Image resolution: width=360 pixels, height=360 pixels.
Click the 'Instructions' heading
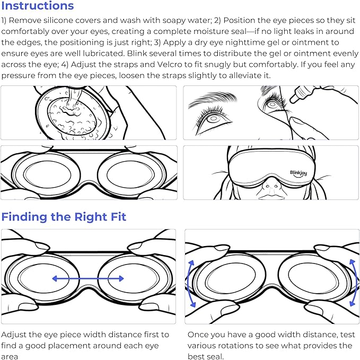click(38, 6)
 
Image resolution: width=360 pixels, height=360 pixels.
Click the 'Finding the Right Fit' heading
click(64, 217)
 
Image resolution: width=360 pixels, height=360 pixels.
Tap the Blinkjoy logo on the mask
click(298, 173)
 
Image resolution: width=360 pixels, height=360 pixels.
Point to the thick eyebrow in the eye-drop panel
click(213, 98)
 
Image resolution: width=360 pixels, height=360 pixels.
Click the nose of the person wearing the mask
click(271, 186)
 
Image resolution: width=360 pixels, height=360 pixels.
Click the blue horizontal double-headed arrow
click(88, 279)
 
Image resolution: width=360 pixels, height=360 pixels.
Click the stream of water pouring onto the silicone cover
click(74, 97)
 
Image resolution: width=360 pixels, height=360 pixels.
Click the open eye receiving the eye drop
click(273, 104)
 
